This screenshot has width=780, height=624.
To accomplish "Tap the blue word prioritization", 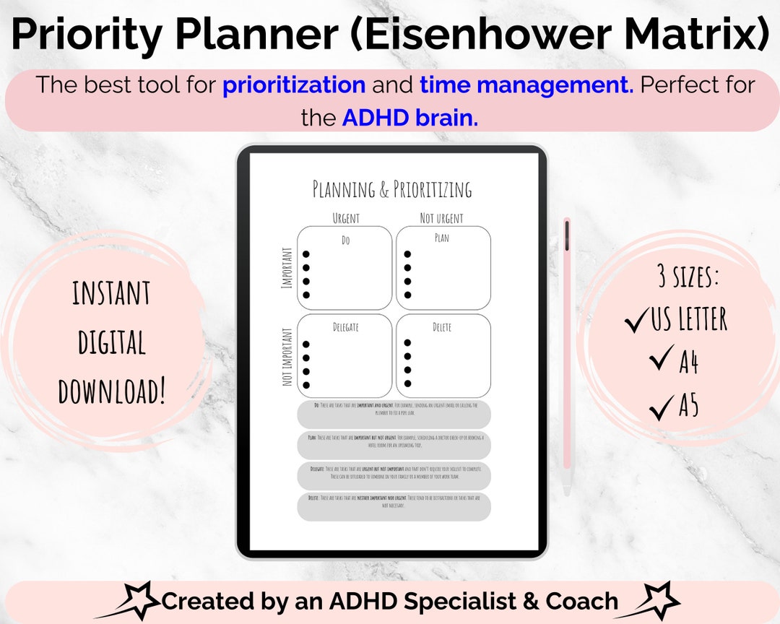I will pyautogui.click(x=294, y=85).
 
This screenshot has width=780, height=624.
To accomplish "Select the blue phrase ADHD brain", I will pyautogui.click(x=409, y=118).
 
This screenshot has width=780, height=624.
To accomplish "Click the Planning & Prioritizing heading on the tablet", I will pyautogui.click(x=392, y=190).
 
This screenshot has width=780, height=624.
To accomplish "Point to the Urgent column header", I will pyautogui.click(x=345, y=218).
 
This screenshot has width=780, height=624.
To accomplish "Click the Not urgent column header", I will pyautogui.click(x=441, y=218).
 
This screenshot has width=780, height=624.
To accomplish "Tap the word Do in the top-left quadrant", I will pyautogui.click(x=345, y=240).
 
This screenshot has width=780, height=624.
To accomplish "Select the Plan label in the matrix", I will pyautogui.click(x=441, y=238).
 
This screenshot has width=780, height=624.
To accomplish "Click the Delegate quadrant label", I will pyautogui.click(x=345, y=327).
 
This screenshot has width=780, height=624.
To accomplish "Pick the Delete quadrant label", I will pyautogui.click(x=441, y=327).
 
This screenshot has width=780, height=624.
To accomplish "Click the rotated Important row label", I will pyautogui.click(x=287, y=268).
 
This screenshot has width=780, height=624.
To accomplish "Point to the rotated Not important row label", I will pyautogui.click(x=287, y=357).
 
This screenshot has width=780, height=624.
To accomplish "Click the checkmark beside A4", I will pyautogui.click(x=661, y=359).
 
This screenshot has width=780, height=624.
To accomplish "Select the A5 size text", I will pyautogui.click(x=688, y=407).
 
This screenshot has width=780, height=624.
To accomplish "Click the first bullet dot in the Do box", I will pyautogui.click(x=306, y=254).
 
